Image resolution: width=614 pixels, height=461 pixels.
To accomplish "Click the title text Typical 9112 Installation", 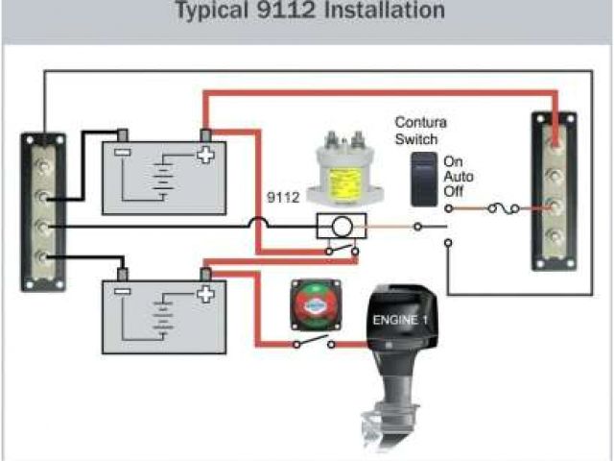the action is [309, 12].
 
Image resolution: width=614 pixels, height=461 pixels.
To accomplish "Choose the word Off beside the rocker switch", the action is [454, 193].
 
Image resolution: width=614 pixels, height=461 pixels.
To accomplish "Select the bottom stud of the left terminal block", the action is [43, 256].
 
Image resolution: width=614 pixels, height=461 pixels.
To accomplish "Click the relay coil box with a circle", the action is [341, 228].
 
